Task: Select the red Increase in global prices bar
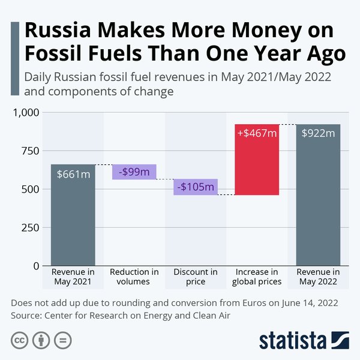point(257,168)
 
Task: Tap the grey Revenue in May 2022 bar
point(318,204)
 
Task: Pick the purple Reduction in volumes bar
point(134,172)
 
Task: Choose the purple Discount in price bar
point(195,187)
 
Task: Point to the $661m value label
point(73,174)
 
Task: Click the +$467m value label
point(257,133)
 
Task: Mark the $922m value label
point(318,133)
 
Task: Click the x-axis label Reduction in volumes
point(134,277)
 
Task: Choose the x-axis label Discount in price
point(195,277)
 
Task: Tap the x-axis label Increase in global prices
point(257,277)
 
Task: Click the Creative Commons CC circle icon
point(20,340)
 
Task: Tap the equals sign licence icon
point(62,340)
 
